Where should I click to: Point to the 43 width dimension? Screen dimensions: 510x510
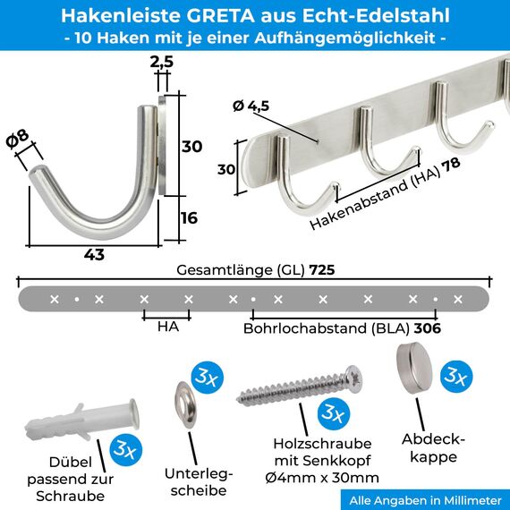[x=94, y=254]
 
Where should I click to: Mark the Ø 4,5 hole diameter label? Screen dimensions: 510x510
[x=251, y=106]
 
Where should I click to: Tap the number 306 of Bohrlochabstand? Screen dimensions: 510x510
[x=428, y=328]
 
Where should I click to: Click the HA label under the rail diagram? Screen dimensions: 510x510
[x=167, y=327]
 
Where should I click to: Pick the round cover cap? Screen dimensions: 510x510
[x=415, y=360]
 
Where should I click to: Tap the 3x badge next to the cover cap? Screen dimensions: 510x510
[x=459, y=377]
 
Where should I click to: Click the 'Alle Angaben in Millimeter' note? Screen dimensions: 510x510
[x=425, y=500]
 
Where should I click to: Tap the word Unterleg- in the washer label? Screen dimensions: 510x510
[x=199, y=473]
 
